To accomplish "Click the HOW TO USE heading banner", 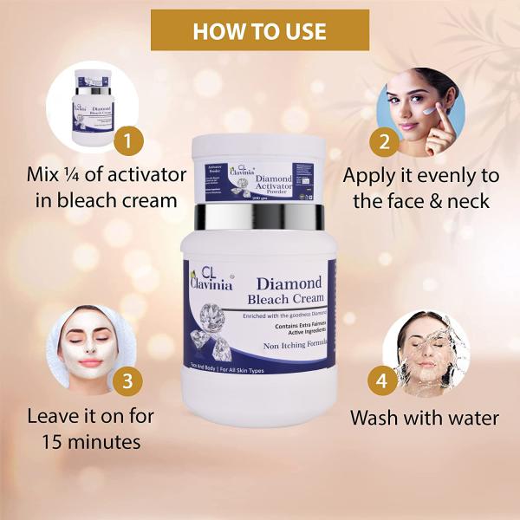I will [260, 31].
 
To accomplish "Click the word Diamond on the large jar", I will [289, 283].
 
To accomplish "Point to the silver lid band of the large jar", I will [260, 216].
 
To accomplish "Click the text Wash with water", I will [425, 418].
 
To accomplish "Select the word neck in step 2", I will [468, 201].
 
